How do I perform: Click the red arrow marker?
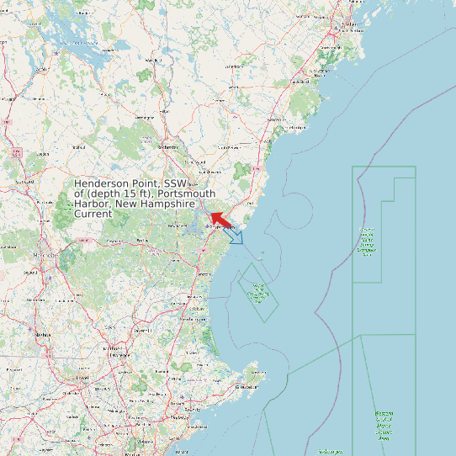click(x=220, y=220)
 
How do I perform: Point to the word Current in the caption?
click(x=93, y=215)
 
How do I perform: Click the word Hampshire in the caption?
click(x=168, y=204)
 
